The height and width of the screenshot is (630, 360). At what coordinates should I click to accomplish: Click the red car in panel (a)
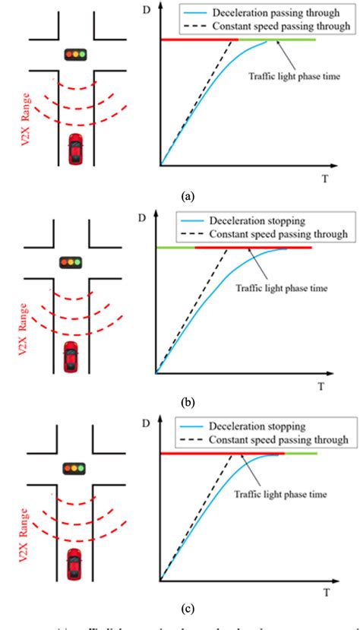pyautogui.click(x=76, y=149)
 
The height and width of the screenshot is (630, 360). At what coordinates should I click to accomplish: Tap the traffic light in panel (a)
pyautogui.click(x=74, y=54)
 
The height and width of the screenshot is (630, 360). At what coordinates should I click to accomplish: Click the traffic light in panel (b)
pyautogui.click(x=71, y=262)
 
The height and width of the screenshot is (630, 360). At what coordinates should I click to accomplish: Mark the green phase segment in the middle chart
pyautogui.click(x=175, y=248)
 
